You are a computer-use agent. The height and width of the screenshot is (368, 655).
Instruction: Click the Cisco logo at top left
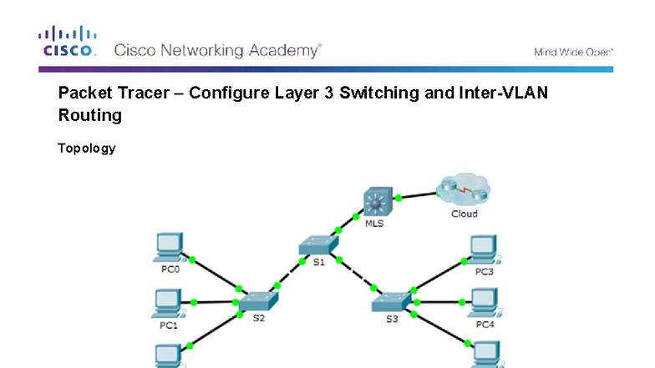click(67, 41)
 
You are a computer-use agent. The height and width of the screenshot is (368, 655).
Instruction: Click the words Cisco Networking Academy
click(217, 50)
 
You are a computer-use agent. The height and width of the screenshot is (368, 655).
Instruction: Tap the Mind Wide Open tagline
click(573, 52)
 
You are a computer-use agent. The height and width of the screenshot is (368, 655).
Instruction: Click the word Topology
click(86, 149)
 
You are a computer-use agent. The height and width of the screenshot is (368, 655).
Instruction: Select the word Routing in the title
click(89, 115)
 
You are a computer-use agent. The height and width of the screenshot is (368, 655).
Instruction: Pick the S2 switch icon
click(257, 302)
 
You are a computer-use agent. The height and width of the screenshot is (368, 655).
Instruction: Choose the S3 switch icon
click(391, 302)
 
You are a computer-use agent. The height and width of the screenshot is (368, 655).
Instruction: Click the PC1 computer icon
click(170, 301)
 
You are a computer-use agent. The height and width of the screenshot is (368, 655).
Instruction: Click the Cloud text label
click(464, 214)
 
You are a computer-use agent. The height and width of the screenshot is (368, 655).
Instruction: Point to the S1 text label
click(318, 263)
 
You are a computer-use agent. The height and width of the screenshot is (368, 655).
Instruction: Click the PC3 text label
click(484, 271)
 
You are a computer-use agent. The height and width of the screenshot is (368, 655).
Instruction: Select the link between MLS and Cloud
click(418, 195)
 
